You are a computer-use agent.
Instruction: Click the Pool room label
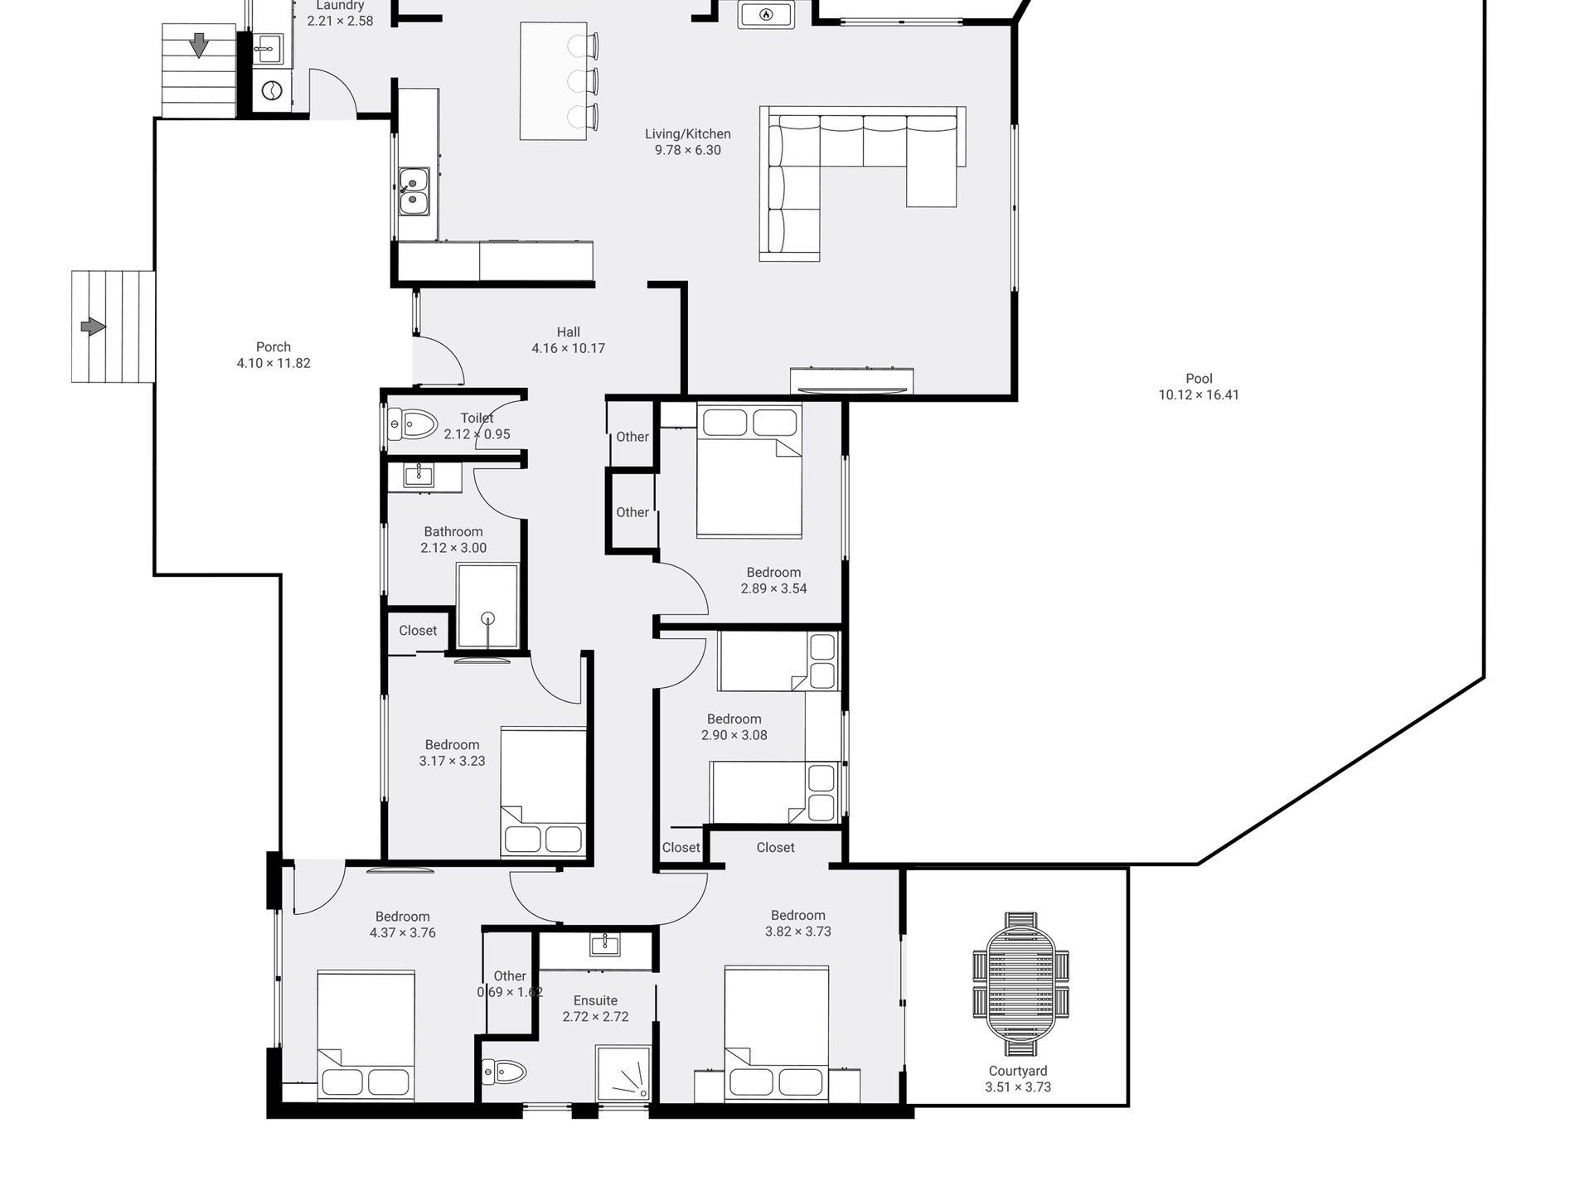pos(1199,379)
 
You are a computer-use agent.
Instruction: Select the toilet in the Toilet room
pos(412,426)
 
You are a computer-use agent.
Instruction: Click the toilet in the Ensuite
pos(505,1072)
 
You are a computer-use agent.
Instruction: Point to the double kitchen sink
pos(413,191)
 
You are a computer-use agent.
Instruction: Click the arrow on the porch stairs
pos(93,327)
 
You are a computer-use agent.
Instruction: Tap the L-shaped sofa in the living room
pos(862,183)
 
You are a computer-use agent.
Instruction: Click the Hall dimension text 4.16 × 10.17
pos(569,348)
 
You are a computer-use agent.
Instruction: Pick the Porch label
pos(274,347)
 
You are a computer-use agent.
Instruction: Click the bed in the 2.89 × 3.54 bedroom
pos(749,470)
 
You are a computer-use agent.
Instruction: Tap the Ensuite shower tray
pos(622,1073)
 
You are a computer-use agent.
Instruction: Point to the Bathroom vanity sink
pos(419,475)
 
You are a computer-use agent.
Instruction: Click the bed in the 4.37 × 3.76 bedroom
pos(366,1036)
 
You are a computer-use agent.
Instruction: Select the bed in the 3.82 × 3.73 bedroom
pos(777,1034)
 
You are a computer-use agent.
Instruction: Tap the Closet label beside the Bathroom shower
pos(418,631)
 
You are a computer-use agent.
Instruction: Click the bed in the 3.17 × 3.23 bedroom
pos(544,792)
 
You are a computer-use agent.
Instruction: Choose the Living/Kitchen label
pos(688,133)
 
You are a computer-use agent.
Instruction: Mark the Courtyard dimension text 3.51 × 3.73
pos(1018,1087)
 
